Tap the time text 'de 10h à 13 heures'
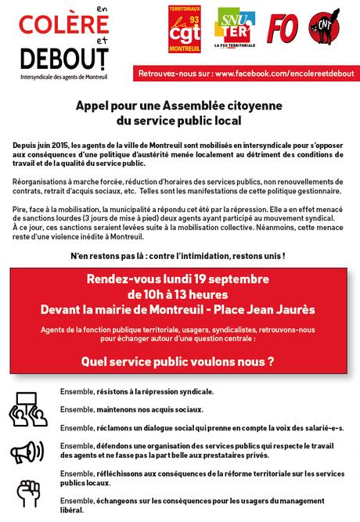(178, 294)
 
